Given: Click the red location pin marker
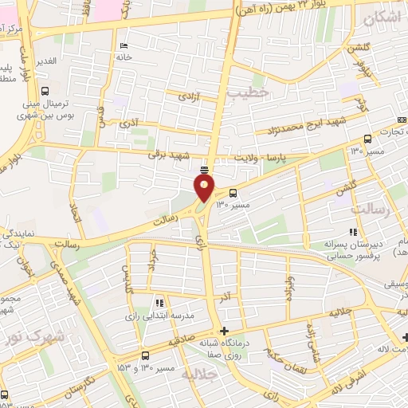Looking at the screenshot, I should tap(205, 188).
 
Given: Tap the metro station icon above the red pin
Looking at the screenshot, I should tap(205, 169).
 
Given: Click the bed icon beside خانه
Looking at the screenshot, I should tap(121, 45).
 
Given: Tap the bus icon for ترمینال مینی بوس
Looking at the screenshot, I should tap(45, 91).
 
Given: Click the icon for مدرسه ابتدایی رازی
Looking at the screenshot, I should tap(159, 303).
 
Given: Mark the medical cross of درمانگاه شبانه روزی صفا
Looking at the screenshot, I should tap(225, 331).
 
